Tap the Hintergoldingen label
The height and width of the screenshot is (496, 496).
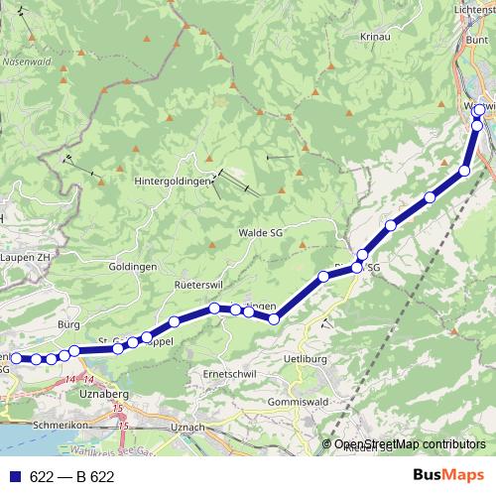point(174,182)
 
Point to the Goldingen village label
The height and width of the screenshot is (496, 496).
point(133,268)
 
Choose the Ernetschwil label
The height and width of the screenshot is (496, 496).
point(230,373)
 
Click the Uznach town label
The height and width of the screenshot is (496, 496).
point(186,427)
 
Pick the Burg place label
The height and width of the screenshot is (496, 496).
point(68,324)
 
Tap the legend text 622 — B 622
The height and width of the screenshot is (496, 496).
point(71,476)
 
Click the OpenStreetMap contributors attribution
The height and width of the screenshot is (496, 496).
point(410,444)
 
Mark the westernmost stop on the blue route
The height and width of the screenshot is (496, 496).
point(16,358)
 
